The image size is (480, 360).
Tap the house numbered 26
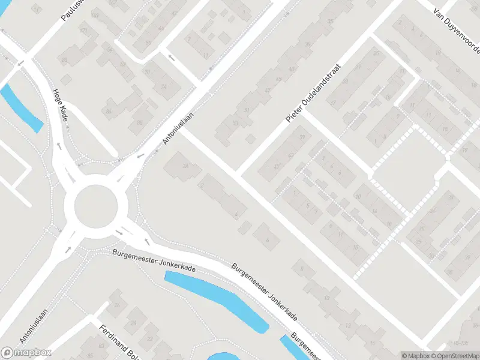(x=118, y=306)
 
